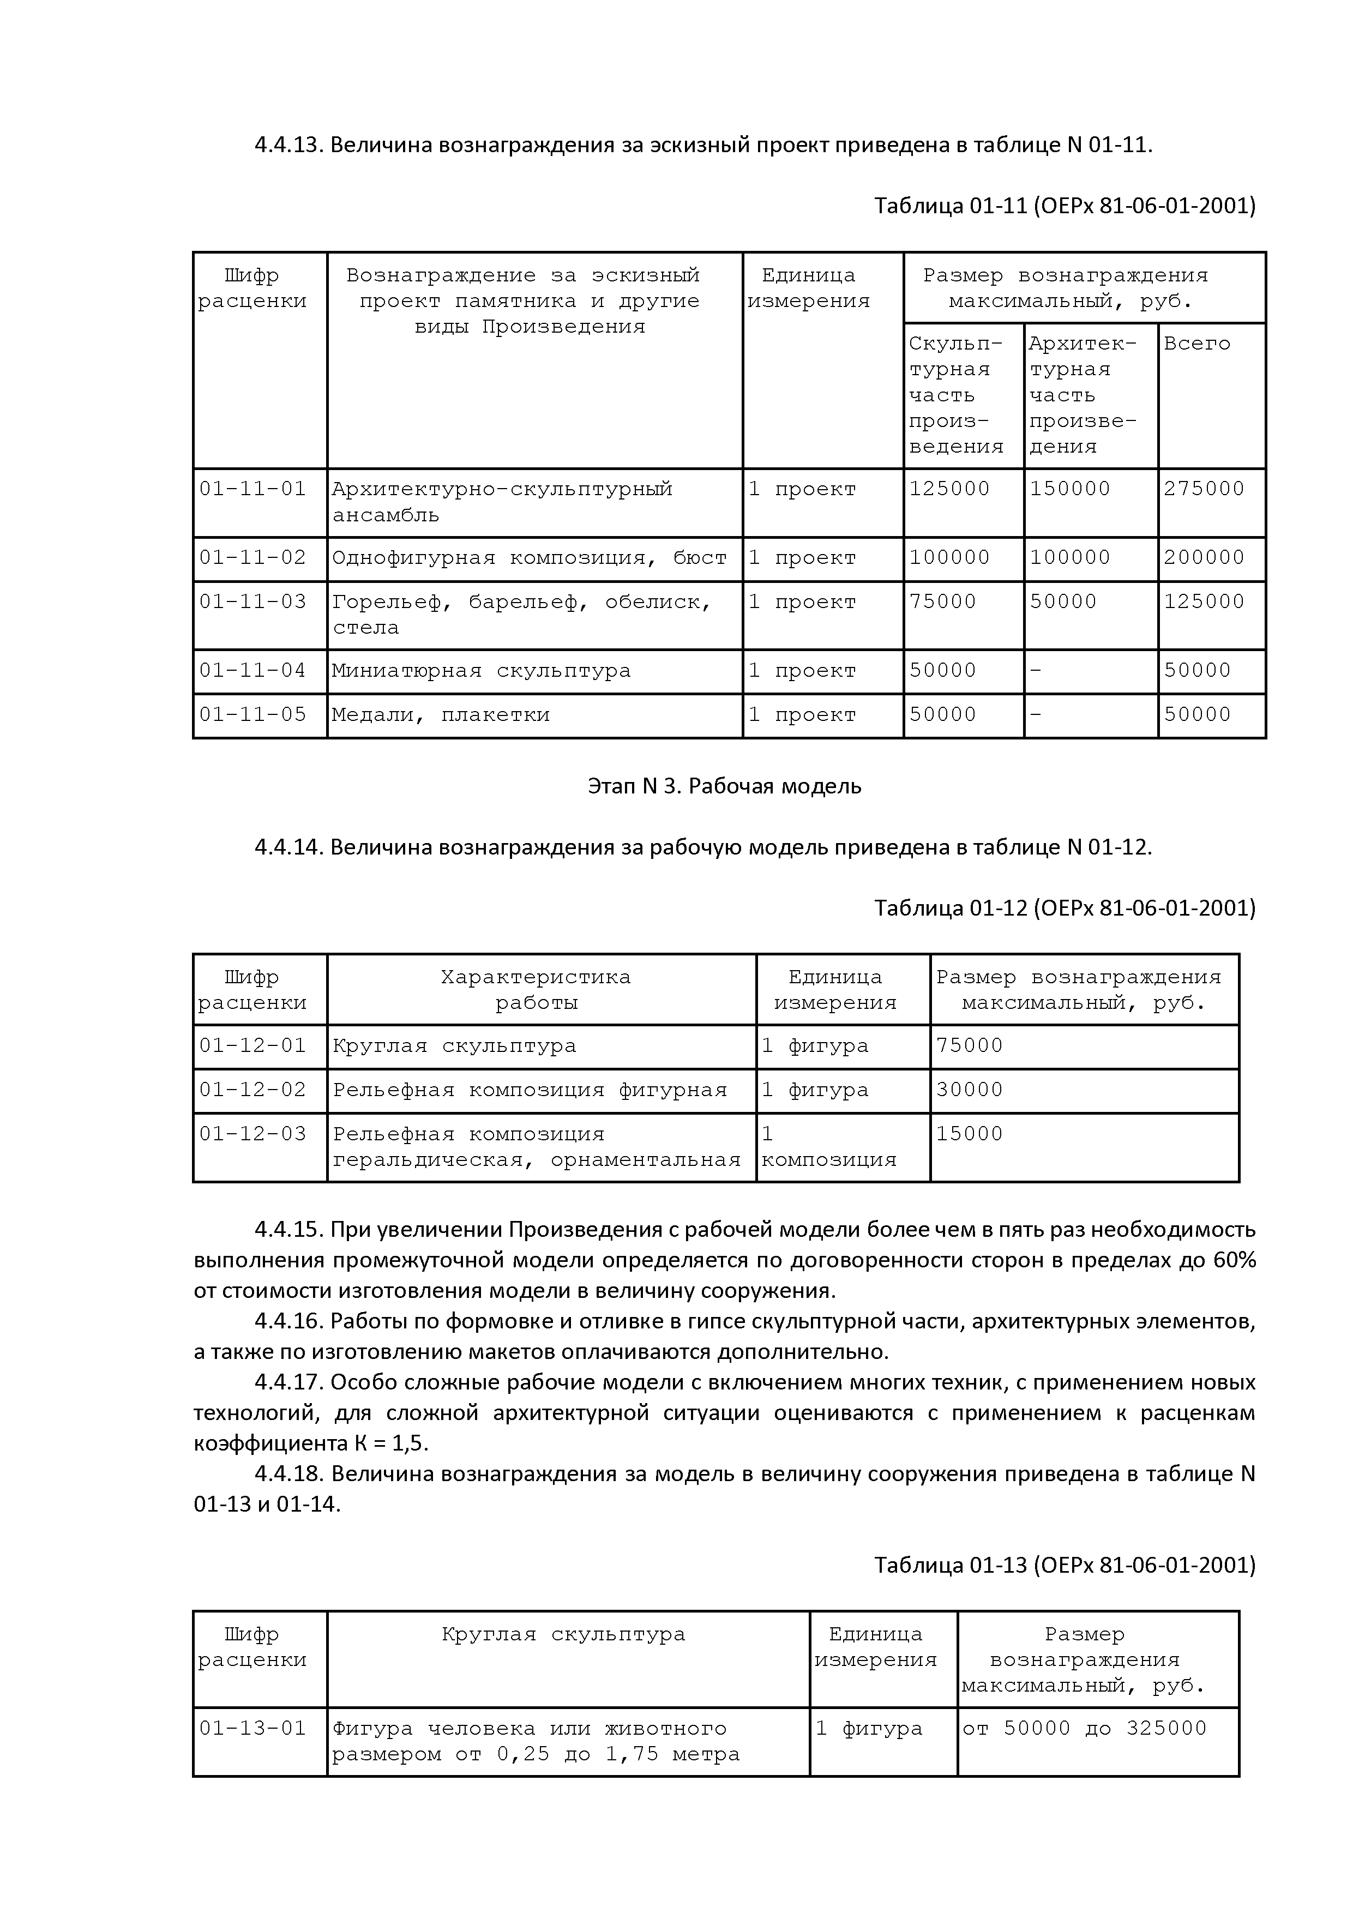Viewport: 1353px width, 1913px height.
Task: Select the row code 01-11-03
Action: [252, 601]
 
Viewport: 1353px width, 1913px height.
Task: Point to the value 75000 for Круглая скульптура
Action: [969, 1045]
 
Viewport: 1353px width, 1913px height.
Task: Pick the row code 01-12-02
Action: [252, 1090]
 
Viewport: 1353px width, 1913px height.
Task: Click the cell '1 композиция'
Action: [828, 1147]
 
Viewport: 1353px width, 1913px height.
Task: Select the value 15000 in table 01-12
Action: [969, 1134]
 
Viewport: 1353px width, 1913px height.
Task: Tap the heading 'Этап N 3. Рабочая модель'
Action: [724, 786]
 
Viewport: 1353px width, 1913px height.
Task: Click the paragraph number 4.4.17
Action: [288, 1382]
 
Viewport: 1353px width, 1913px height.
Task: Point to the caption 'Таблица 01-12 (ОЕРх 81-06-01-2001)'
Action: [1064, 907]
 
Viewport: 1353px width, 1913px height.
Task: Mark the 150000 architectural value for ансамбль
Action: [1070, 489]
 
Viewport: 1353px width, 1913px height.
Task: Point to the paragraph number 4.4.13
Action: [288, 145]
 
